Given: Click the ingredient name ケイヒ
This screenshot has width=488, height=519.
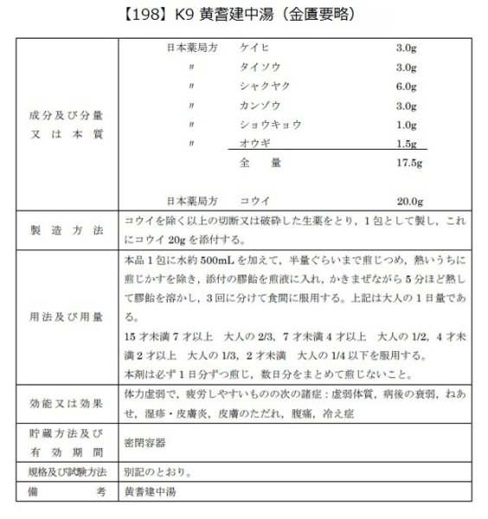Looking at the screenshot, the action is (254, 49).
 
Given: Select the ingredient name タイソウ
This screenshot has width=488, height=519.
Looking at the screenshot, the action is (258, 68).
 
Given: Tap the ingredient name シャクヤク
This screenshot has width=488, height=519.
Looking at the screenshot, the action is (263, 86).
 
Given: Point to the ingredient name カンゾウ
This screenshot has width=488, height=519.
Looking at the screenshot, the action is (259, 106).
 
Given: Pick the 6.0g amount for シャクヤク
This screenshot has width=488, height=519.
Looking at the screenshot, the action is (408, 86).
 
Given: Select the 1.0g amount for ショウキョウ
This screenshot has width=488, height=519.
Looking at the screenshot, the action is (408, 125).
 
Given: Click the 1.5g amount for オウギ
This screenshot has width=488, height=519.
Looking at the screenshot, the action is (408, 144).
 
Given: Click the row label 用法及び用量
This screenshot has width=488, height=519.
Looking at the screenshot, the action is (66, 316).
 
